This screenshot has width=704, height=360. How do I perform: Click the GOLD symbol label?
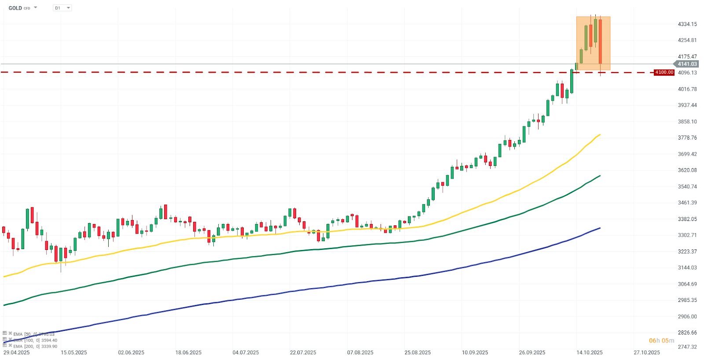(x=15, y=8)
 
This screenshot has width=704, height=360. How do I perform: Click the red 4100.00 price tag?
(x=664, y=72)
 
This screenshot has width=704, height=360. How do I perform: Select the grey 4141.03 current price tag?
(x=687, y=64)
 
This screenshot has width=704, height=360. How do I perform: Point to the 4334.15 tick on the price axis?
(x=687, y=24)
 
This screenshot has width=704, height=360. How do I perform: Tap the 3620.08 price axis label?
(x=687, y=170)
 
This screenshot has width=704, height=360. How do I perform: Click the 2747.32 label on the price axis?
(x=687, y=347)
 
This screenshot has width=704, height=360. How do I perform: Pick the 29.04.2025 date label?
(x=17, y=353)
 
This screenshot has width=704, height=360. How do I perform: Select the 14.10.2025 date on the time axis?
(x=590, y=353)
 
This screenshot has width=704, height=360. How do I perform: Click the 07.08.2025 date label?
(x=360, y=353)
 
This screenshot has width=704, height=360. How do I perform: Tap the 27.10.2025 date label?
(x=647, y=353)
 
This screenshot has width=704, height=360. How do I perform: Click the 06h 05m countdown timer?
(x=661, y=341)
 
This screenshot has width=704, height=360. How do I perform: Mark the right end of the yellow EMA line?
(x=600, y=135)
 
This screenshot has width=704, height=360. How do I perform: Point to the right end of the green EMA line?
(x=600, y=176)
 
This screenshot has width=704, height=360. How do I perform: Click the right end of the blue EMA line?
(x=600, y=228)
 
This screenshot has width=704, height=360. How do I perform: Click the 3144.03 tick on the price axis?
(x=687, y=268)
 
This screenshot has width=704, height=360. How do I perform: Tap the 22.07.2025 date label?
(x=303, y=353)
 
